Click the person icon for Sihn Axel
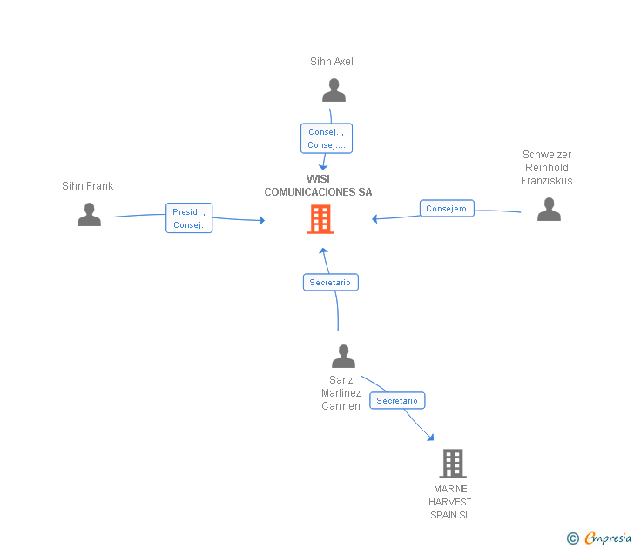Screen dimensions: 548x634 (334, 90)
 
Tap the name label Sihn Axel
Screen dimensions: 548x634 (332, 62)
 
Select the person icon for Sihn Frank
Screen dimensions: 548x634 (89, 214)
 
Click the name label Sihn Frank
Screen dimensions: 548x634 (88, 186)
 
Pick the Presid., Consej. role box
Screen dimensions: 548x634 (189, 218)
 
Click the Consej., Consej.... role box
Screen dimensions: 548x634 (327, 138)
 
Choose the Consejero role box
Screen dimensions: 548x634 (448, 209)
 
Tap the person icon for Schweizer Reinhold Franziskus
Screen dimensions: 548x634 (549, 210)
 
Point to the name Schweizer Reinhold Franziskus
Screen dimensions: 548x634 (547, 168)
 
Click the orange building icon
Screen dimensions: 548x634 (320, 219)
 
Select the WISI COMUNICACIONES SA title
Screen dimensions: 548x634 (318, 185)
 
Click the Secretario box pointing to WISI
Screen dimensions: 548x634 (330, 283)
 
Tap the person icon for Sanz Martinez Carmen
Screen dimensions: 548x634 (343, 356)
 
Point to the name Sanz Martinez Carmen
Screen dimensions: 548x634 (341, 393)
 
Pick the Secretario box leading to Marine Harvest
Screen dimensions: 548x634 (398, 401)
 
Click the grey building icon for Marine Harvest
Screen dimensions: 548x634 (452, 464)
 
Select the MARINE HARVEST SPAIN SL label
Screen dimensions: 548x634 (450, 502)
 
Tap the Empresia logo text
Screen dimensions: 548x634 (607, 538)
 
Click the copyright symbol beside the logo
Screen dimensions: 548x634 (572, 538)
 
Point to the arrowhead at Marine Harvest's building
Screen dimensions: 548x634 (430, 437)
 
